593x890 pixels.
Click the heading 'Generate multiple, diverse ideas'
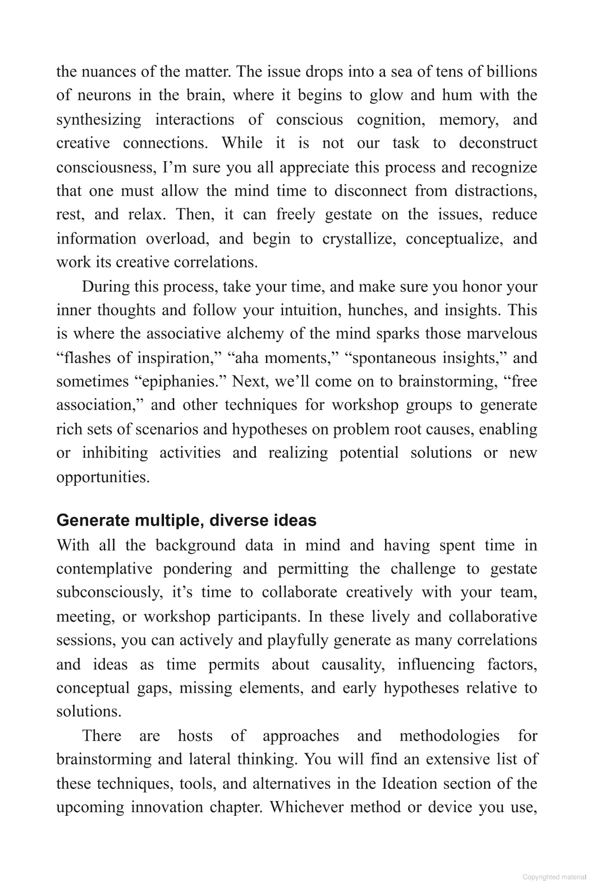tap(186, 520)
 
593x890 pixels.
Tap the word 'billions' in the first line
tap(511, 71)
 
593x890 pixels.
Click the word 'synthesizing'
tap(99, 120)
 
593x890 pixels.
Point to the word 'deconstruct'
tap(498, 143)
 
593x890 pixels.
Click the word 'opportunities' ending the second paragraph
tap(103, 477)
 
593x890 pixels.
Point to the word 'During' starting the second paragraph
tap(106, 286)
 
